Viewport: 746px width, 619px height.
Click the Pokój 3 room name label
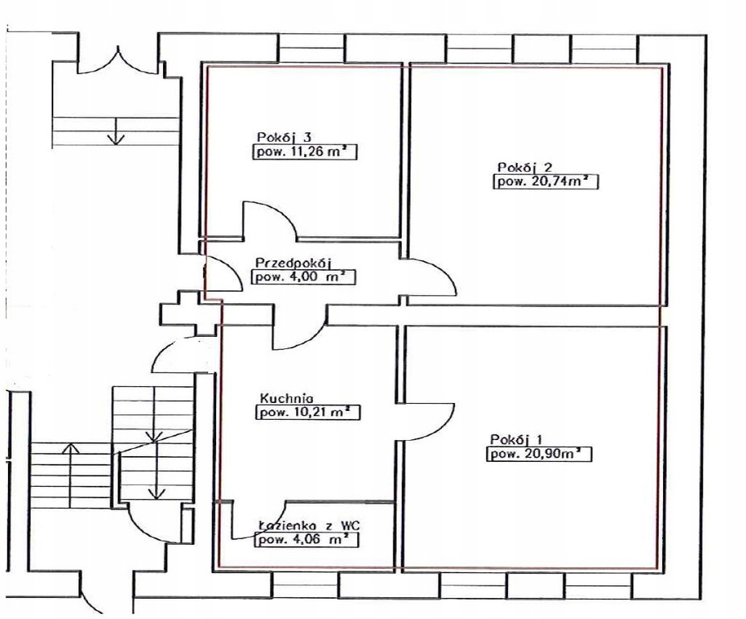284,137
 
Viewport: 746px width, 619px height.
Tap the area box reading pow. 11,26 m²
305,152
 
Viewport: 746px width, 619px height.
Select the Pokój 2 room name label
525,168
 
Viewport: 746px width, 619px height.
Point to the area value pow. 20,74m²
546,182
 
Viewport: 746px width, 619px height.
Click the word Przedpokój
293,263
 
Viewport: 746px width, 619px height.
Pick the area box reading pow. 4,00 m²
303,277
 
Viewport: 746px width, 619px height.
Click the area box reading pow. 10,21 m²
308,412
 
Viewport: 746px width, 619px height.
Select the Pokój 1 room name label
516,438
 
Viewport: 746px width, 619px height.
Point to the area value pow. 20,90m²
539,454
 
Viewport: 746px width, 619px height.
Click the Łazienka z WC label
309,526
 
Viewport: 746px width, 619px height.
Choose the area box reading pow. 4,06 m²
307,540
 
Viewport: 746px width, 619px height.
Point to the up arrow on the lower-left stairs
70,476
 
